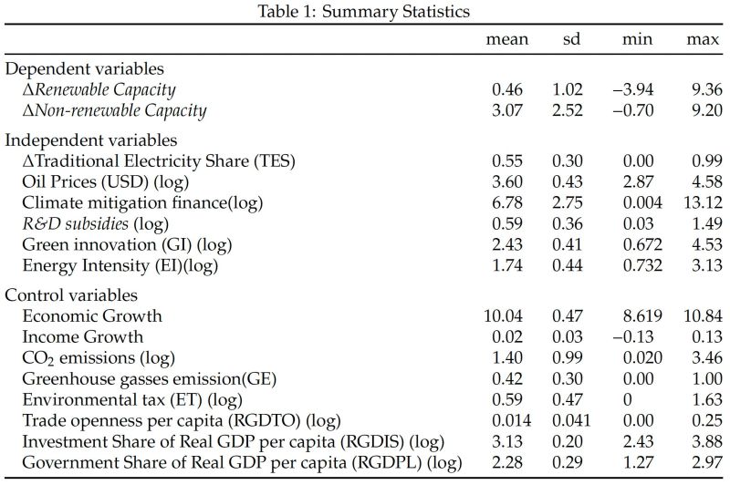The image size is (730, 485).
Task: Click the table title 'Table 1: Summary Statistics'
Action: pos(364,10)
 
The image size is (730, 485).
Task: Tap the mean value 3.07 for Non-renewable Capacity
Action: pos(506,110)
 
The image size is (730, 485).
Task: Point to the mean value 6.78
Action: pos(506,203)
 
